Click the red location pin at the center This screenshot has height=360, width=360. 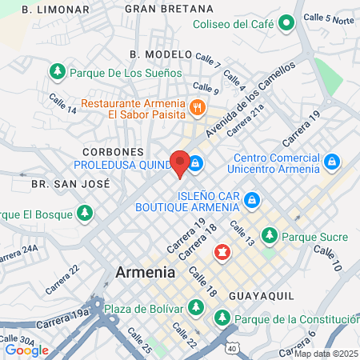pyautogui.click(x=180, y=162)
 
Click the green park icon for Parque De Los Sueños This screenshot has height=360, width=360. pyautogui.click(x=58, y=72)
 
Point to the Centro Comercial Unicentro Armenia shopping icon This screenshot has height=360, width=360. pyautogui.click(x=331, y=162)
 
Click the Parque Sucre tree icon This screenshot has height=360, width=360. pyautogui.click(x=270, y=236)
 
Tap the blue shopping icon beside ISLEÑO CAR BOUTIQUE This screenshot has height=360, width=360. pyautogui.click(x=251, y=199)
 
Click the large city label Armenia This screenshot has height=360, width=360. pyautogui.click(x=145, y=272)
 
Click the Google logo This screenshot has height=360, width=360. pyautogui.click(x=26, y=350)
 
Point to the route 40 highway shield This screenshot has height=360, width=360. pyautogui.click(x=231, y=349)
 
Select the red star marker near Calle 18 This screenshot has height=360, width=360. pyautogui.click(x=222, y=254)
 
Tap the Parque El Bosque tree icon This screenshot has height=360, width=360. pyautogui.click(x=84, y=214)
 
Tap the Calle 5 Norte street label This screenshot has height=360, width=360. pyautogui.click(x=329, y=18)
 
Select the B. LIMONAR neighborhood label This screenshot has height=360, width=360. pyautogui.click(x=56, y=9)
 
